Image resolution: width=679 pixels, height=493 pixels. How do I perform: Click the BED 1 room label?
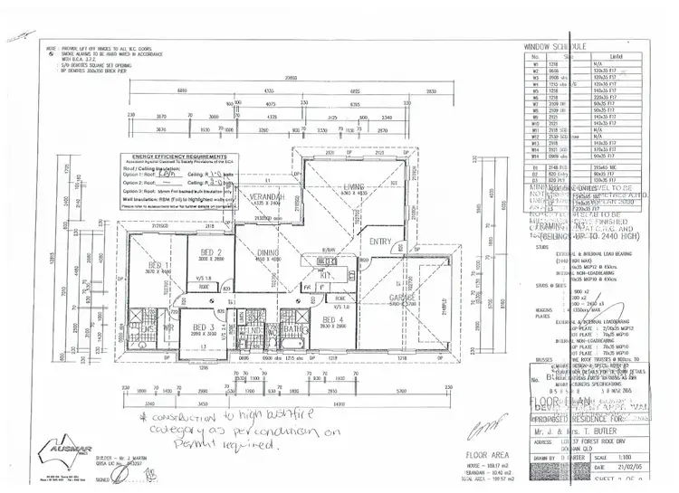[x=159, y=265]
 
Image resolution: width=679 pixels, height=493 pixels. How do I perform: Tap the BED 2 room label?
[x=211, y=252]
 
